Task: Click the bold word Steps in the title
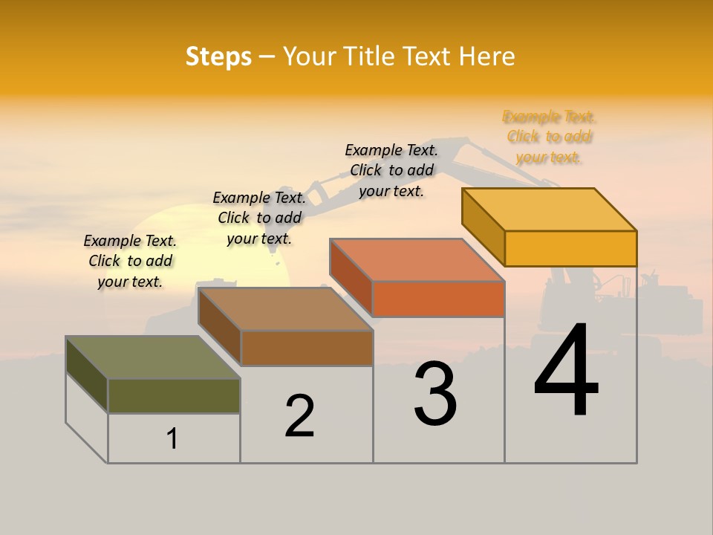tap(218, 56)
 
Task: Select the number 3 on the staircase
tap(435, 395)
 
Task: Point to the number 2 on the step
tap(299, 416)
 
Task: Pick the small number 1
tap(172, 438)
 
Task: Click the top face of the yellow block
tap(550, 210)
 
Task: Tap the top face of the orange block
tap(417, 260)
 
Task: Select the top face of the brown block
tap(286, 309)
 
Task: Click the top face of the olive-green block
tap(153, 357)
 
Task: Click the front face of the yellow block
tap(570, 248)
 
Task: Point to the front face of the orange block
tap(438, 299)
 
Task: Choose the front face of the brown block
tap(307, 348)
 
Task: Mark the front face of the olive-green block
tap(174, 395)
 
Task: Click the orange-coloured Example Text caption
tap(549, 137)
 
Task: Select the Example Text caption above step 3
tap(391, 170)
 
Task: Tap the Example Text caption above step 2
tap(259, 218)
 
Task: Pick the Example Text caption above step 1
tap(130, 261)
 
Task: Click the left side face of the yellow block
tap(484, 227)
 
